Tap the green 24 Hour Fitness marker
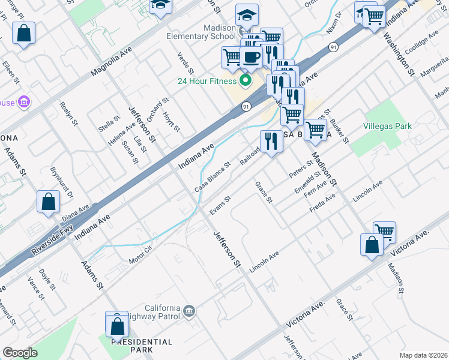246,80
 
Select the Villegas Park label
387,127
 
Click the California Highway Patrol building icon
189,310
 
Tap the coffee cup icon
251,56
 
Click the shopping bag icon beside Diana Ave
48,202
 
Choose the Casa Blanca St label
212,177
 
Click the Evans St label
220,206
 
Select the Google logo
20,353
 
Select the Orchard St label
155,109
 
